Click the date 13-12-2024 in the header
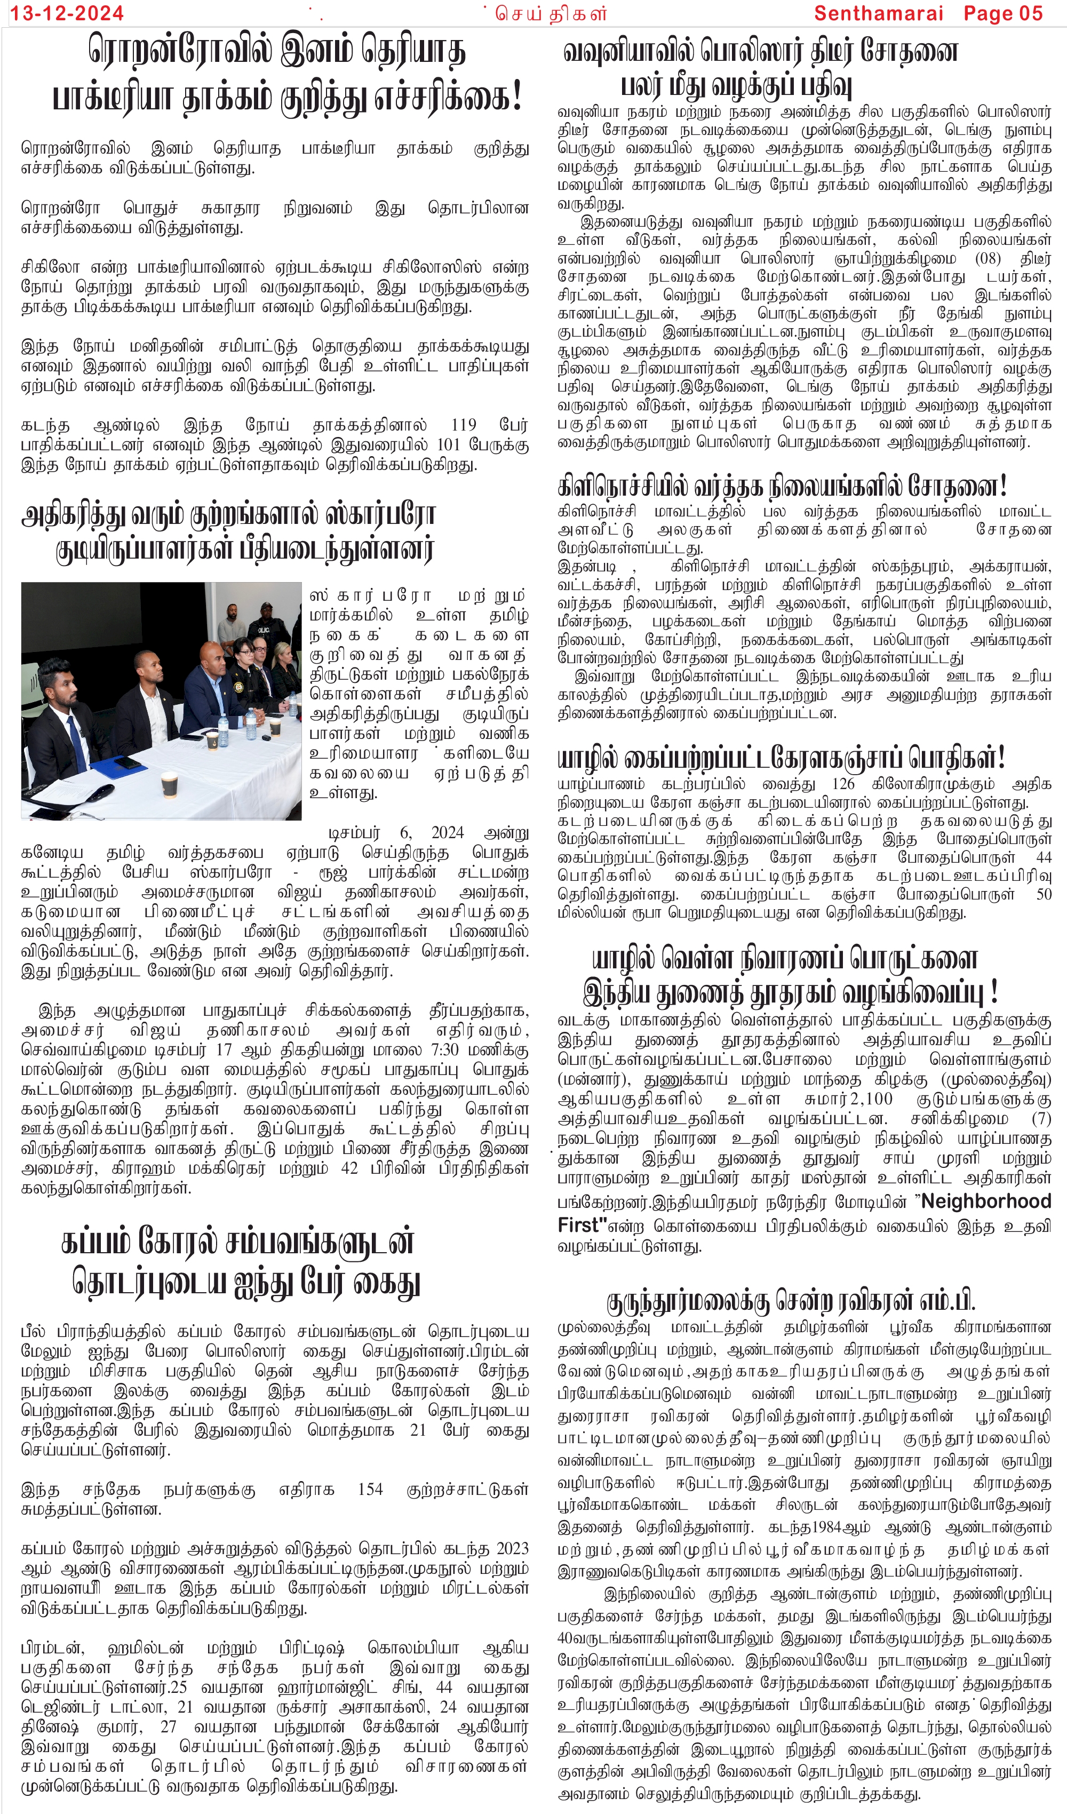click(x=66, y=13)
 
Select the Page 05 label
click(x=1003, y=13)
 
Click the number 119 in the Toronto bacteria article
click(x=464, y=425)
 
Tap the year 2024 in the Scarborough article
click(x=447, y=833)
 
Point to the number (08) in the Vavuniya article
click(x=987, y=258)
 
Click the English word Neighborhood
click(x=986, y=1202)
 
